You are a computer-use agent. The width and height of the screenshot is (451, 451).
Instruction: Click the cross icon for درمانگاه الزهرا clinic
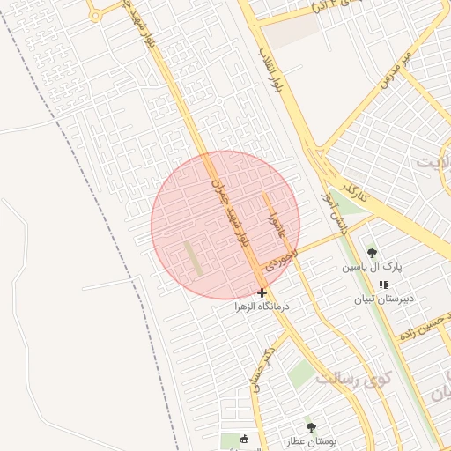[262, 292]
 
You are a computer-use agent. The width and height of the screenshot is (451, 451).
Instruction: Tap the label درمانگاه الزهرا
[262, 307]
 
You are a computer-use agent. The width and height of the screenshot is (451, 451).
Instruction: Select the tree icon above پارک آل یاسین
[371, 252]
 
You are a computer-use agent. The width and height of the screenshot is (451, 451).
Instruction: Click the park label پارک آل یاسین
[373, 266]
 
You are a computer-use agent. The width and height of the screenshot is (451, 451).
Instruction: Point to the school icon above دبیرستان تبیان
[383, 285]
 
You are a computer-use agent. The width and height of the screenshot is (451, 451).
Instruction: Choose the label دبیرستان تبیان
[383, 299]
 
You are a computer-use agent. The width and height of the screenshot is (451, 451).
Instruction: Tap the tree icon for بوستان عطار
[310, 426]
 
